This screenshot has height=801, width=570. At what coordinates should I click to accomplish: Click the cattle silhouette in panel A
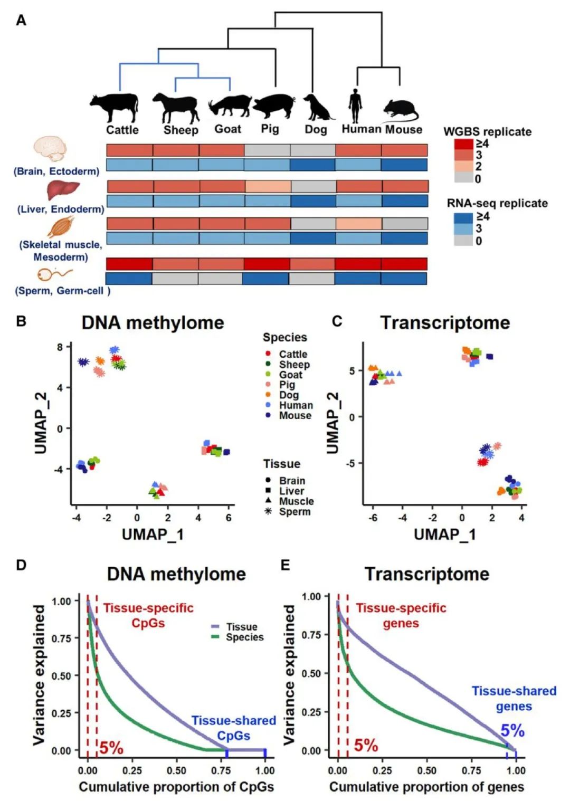point(115,107)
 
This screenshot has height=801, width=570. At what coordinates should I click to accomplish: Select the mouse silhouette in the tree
point(400,110)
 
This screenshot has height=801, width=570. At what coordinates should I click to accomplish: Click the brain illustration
point(51,149)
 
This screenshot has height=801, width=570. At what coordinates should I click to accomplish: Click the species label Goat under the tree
point(227,129)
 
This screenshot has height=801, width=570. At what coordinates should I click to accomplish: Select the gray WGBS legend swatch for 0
point(463,178)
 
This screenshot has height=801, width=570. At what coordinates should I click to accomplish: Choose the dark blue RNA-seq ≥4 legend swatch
point(463,217)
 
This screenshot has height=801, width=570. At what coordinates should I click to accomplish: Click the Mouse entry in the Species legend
point(294,415)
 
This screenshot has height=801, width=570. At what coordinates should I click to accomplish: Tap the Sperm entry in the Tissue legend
point(294,511)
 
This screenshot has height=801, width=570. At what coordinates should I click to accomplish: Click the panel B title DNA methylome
point(153,322)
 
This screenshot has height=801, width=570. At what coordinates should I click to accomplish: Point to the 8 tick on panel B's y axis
point(60,347)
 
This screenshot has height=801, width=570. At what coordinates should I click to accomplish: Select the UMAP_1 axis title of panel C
point(444,535)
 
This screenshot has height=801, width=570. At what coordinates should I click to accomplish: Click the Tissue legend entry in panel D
point(241,627)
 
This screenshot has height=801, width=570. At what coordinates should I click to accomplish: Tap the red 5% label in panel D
point(111,748)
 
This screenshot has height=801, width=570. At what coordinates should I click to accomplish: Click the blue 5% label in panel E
point(512,731)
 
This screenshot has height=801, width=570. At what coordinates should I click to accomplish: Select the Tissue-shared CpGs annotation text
point(233,728)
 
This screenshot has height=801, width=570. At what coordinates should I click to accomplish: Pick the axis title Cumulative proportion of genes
point(426,787)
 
